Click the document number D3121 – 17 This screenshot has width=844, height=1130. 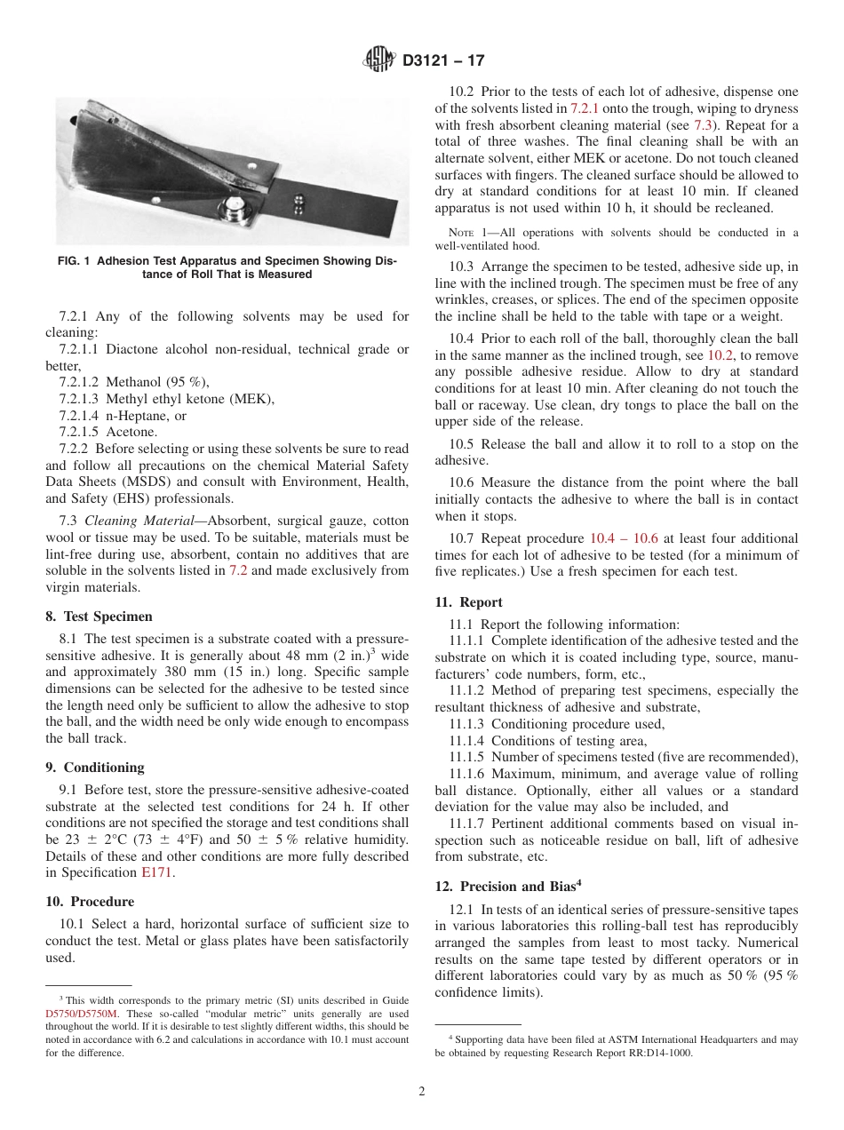pyautogui.click(x=443, y=61)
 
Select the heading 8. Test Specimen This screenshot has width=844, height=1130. pyautogui.click(x=99, y=617)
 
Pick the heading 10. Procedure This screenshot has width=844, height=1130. pyautogui.click(x=90, y=902)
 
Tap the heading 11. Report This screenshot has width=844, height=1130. pyautogui.click(x=468, y=602)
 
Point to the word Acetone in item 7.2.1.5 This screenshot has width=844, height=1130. pyautogui.click(x=132, y=432)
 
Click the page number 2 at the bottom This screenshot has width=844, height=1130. pyautogui.click(x=422, y=1092)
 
